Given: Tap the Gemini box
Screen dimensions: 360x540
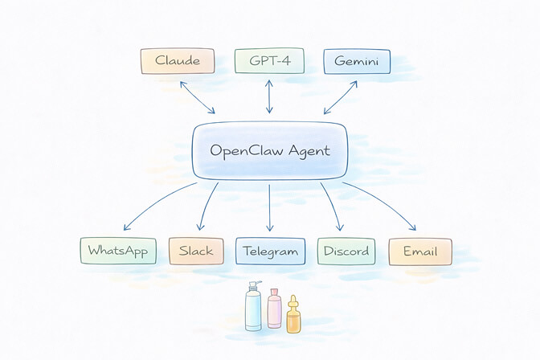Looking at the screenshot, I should pyautogui.click(x=356, y=62).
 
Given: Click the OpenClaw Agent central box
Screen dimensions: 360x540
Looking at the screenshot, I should pyautogui.click(x=270, y=150).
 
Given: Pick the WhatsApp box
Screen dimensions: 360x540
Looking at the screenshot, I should pyautogui.click(x=117, y=252).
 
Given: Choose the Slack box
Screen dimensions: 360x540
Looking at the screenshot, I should pyautogui.click(x=196, y=252).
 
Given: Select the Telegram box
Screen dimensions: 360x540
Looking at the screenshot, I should pyautogui.click(x=271, y=252).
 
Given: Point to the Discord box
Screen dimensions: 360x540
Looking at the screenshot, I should pyautogui.click(x=345, y=252).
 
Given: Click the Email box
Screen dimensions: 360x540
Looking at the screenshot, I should pyautogui.click(x=419, y=252).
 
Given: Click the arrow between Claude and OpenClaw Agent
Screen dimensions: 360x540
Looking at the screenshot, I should pyautogui.click(x=197, y=97).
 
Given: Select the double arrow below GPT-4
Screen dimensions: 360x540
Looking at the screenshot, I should pyautogui.click(x=270, y=97).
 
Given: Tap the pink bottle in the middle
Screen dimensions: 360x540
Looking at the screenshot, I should pyautogui.click(x=275, y=310).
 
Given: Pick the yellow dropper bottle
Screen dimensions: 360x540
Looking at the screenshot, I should pyautogui.click(x=294, y=316).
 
